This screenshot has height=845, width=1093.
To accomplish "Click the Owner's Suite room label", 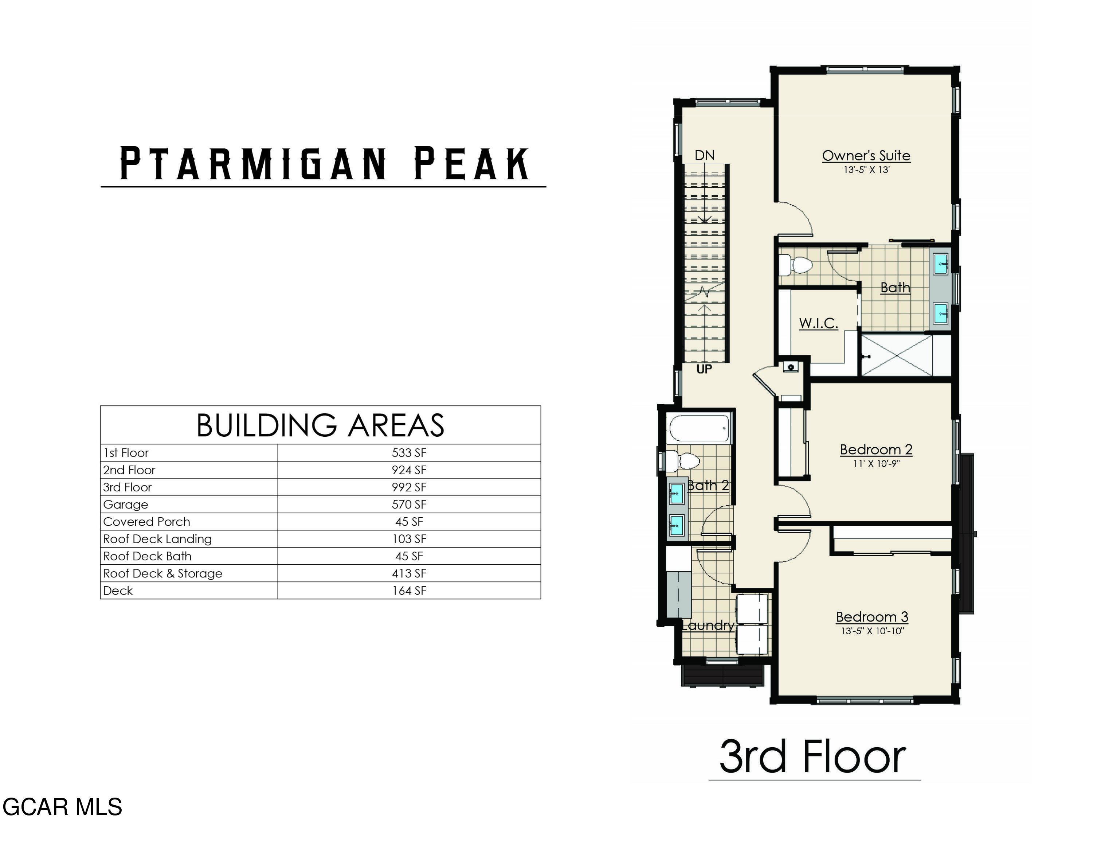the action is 866,156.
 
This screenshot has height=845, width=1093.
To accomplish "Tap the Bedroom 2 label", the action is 876,449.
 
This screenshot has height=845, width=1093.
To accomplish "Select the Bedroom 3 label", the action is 872,617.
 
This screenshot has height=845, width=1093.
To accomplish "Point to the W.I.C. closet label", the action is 818,323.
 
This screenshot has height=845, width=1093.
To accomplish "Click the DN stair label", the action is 705,155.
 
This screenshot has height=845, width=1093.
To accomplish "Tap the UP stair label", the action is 704,369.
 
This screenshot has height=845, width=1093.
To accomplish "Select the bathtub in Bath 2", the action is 700,428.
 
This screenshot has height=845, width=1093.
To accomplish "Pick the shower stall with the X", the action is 897,355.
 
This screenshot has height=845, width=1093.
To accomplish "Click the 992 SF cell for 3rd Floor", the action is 409,487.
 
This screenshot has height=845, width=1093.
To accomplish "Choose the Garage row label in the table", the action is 126,505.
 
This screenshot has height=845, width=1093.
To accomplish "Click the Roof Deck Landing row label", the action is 158,539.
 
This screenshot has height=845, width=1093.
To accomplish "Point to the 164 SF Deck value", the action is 409,591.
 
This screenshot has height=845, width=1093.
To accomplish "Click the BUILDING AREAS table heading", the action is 320,425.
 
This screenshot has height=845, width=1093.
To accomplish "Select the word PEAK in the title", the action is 471,163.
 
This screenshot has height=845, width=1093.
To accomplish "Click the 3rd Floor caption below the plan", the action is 813,756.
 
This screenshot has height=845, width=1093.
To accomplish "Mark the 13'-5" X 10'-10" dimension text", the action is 872,631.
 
